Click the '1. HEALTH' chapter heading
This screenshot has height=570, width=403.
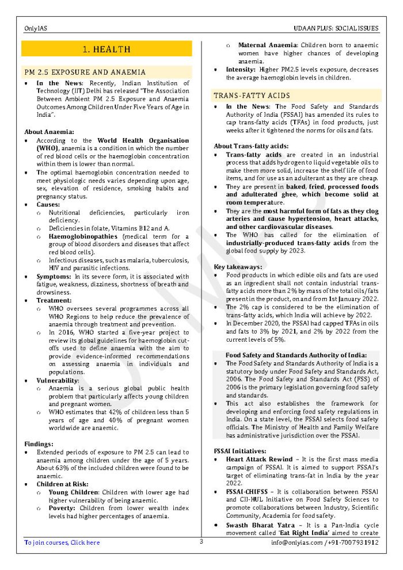pos(107,49)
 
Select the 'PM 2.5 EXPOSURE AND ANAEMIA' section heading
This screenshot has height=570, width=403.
pos(84,72)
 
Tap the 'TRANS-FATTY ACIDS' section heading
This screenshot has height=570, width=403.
pos(252,95)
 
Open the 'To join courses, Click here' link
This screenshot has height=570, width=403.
pos(62,542)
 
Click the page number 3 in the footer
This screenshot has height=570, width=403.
pos(201,541)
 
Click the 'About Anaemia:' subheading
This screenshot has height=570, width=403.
pos(49,132)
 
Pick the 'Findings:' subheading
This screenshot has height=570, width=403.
pos(39,444)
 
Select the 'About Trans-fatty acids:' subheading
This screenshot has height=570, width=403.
pos(251,146)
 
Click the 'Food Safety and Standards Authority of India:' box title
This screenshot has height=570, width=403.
pos(296,355)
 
